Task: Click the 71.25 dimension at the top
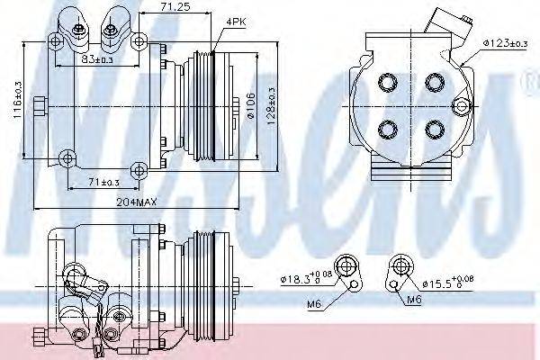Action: pyautogui.click(x=174, y=7)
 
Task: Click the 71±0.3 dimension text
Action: pyautogui.click(x=103, y=183)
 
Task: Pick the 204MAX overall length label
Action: pyautogui.click(x=137, y=203)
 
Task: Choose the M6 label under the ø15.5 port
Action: pyautogui.click(x=414, y=301)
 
